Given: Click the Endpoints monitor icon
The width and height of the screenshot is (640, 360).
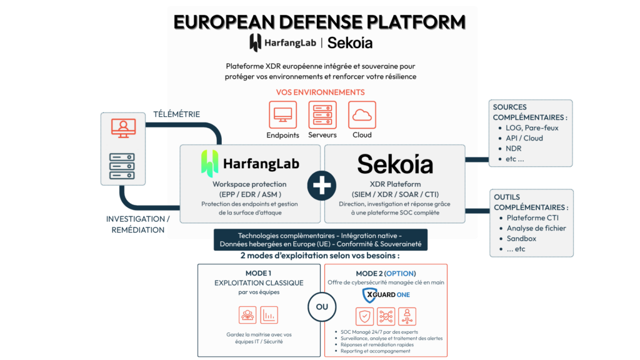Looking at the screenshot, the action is tap(282, 115).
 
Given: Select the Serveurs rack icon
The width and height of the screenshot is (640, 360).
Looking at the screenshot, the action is tap(322, 115).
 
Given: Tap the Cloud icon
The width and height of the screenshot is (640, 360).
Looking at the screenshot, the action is tap(362, 115).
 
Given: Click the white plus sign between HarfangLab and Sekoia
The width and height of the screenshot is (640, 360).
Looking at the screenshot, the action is tap(322, 186).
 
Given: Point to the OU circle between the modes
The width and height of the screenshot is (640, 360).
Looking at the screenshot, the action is tap(322, 306).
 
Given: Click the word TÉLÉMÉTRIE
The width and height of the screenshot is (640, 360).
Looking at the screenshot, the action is tap(177, 114).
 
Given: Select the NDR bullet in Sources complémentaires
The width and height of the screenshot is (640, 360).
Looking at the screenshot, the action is tap(514, 149).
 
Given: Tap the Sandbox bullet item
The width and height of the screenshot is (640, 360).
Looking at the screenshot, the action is tap(521, 239).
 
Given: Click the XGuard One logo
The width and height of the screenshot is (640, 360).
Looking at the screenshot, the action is tap(386, 295).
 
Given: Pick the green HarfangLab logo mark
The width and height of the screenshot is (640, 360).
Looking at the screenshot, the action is tap(209, 163).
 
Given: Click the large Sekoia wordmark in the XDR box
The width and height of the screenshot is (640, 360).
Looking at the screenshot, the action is tap(395, 164).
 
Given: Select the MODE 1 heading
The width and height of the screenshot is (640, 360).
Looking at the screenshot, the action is tap(258, 273).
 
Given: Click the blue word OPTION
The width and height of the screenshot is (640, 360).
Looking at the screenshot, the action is tap(399, 274).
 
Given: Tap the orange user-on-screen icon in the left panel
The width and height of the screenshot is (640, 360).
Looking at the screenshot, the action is tap(123, 128).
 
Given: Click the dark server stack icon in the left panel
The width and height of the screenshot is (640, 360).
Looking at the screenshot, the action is tap(122, 166).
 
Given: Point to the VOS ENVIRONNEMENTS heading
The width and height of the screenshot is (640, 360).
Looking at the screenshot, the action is tap(321, 92).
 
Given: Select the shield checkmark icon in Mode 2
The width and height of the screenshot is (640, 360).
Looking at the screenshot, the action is tap(364, 316).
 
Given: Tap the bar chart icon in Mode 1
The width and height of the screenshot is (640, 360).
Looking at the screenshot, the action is tap(269, 315).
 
